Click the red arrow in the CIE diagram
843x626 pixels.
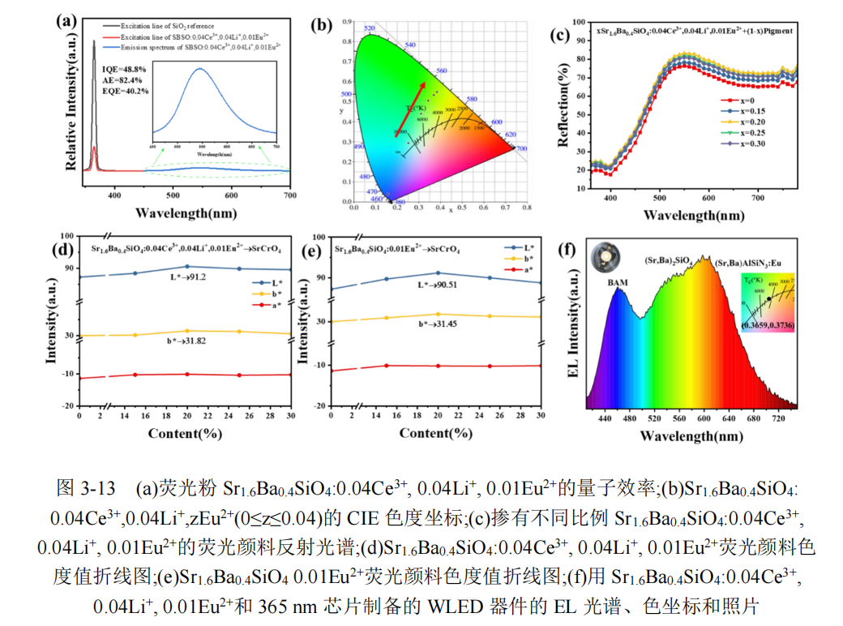(410, 106)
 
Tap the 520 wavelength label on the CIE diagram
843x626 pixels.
(370, 28)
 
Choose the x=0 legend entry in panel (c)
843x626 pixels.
(738, 100)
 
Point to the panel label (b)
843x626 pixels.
(322, 25)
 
